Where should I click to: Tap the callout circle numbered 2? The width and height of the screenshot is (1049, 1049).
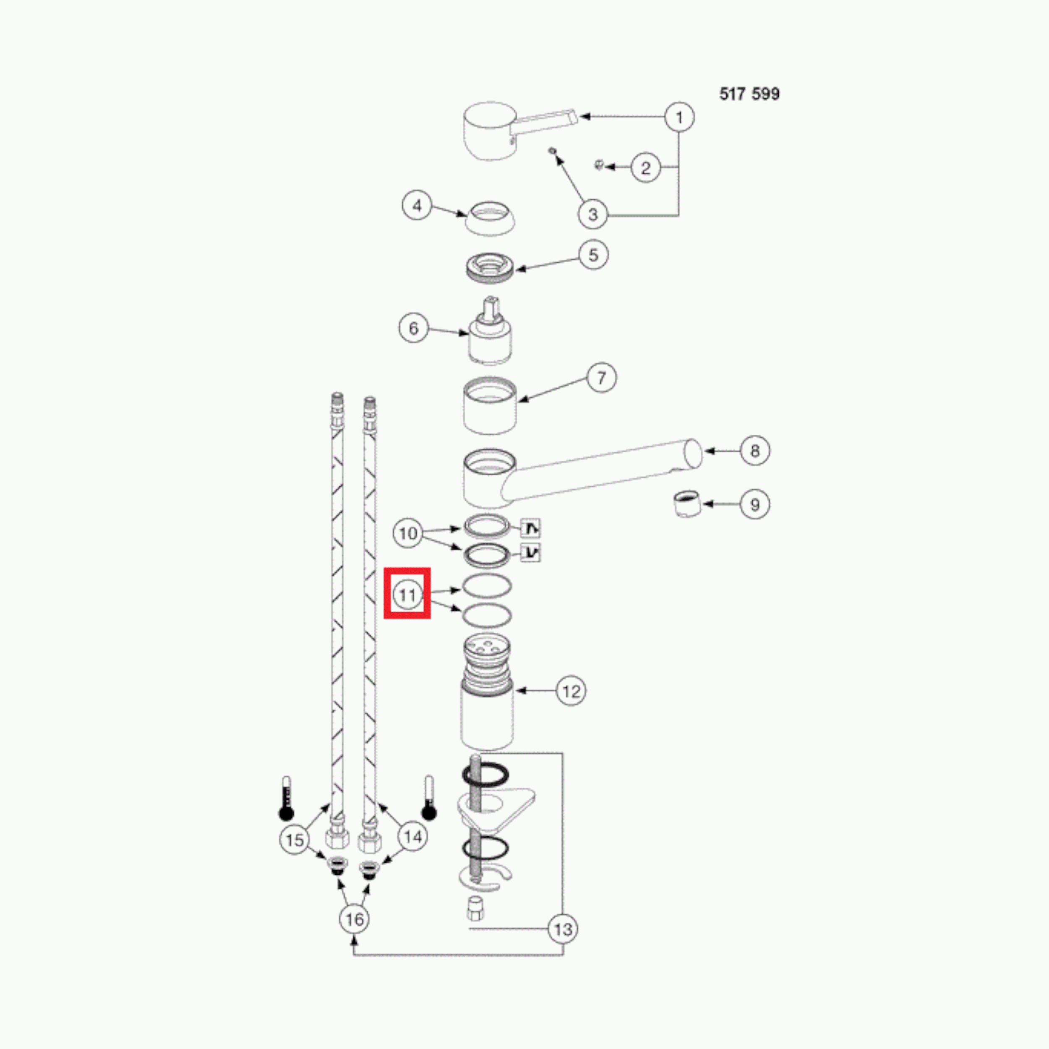pyautogui.click(x=646, y=167)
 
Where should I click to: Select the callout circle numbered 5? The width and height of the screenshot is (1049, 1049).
pyautogui.click(x=593, y=255)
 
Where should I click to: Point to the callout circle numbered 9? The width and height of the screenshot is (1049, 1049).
pyautogui.click(x=755, y=504)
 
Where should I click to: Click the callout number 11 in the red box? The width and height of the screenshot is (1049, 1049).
pyautogui.click(x=407, y=595)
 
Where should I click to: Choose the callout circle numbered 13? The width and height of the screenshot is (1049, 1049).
pyautogui.click(x=563, y=929)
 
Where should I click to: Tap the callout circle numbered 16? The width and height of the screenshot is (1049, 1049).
pyautogui.click(x=355, y=919)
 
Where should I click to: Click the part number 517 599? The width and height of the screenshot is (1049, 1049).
pyautogui.click(x=749, y=94)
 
